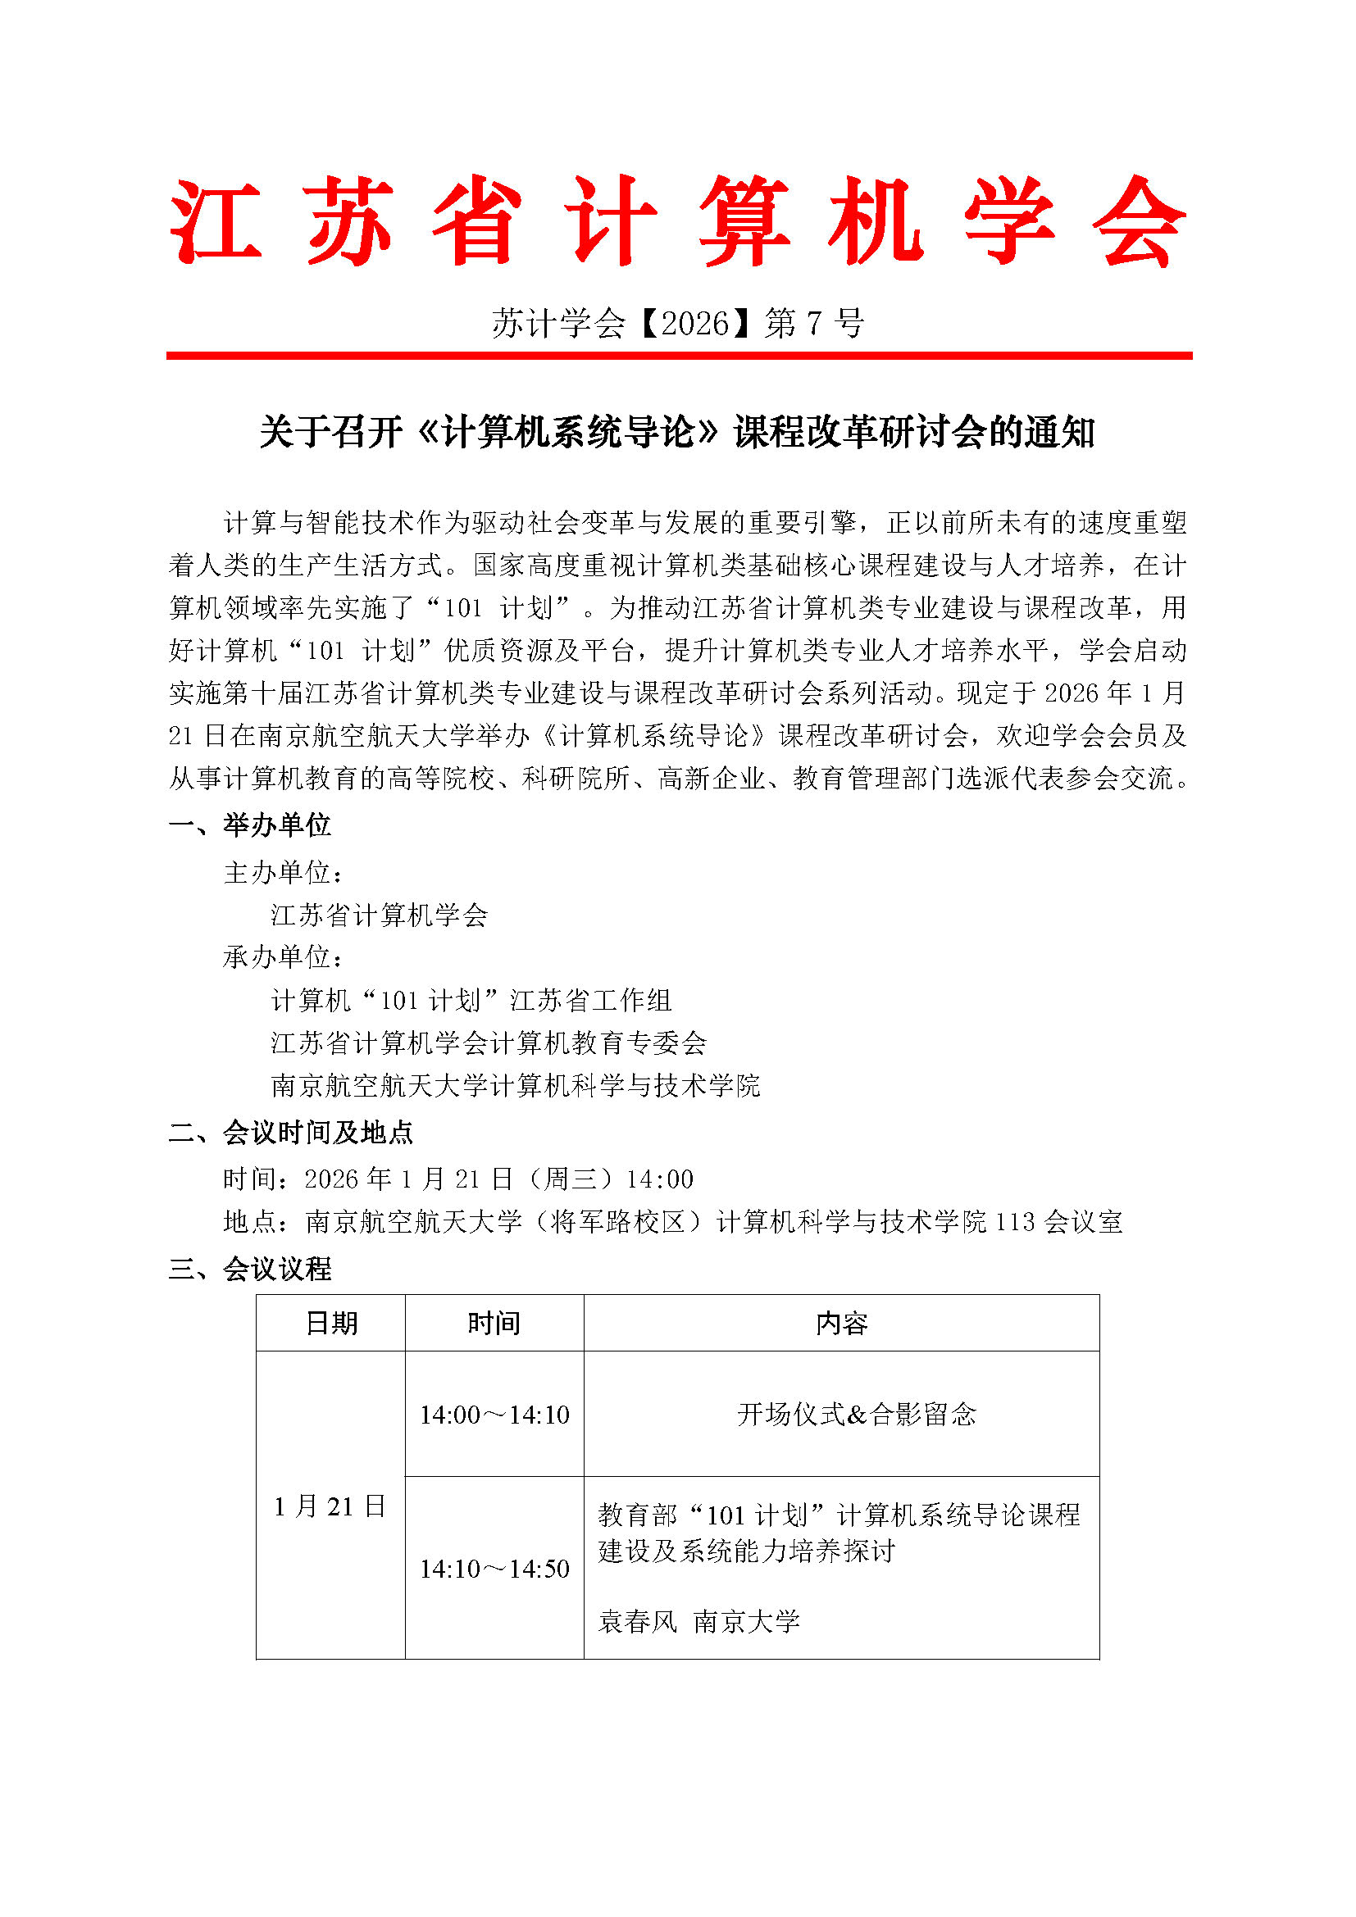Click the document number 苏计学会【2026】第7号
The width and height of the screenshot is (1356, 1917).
coord(677,323)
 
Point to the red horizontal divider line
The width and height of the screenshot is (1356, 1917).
coord(677,356)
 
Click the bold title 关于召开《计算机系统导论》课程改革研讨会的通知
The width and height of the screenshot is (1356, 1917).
coord(677,433)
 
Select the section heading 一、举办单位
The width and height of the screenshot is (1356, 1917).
coord(250,825)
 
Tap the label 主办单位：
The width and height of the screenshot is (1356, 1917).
coord(283,873)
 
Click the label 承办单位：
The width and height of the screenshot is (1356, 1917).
coord(283,956)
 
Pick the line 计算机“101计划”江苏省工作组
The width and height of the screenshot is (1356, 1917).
coord(471,1000)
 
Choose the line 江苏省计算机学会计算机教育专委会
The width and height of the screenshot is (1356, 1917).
coord(489,1043)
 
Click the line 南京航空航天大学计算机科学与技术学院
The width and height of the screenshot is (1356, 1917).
coord(515,1085)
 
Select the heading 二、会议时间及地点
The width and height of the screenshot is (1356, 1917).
coord(290,1132)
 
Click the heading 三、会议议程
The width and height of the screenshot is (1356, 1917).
coord(250,1269)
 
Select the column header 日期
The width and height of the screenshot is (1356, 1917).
coord(330,1324)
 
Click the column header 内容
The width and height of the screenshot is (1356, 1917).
coord(841,1324)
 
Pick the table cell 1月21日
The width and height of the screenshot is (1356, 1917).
coord(330,1506)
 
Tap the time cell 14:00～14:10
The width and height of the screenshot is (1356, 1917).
coord(494,1415)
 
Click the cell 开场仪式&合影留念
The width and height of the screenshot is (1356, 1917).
coord(856,1415)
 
